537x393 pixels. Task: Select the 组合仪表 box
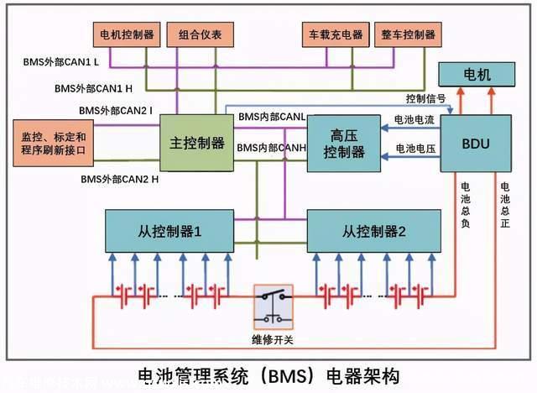[200, 34]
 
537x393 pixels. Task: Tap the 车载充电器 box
[333, 34]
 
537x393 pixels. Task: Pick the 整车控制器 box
[407, 34]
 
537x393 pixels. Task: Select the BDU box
[475, 144]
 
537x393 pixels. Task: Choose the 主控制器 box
[197, 144]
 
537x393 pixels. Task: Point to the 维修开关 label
[274, 340]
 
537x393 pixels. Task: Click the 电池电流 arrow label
[414, 121]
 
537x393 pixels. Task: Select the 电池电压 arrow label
[414, 148]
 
